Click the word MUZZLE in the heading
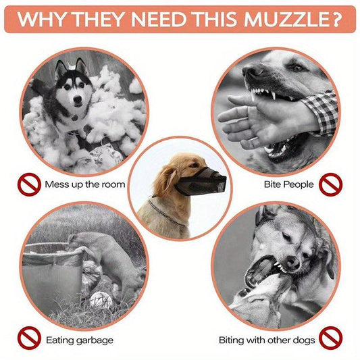(280, 18)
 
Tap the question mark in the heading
(336, 18)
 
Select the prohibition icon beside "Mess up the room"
(29, 183)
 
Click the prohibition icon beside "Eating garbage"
(29, 339)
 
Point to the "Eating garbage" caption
(80, 340)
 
